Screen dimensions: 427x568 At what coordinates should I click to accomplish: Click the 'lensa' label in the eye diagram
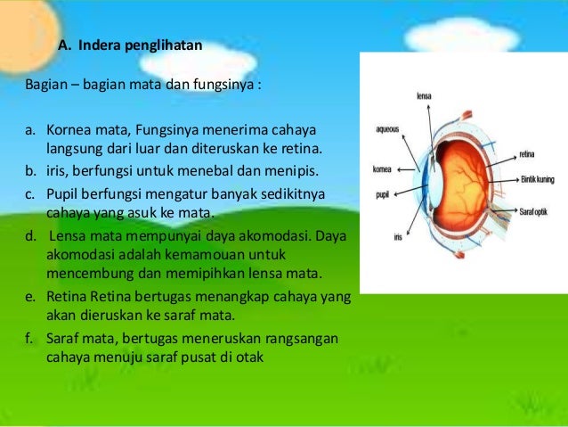click(x=425, y=95)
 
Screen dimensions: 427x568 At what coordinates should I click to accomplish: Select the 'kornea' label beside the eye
click(x=383, y=167)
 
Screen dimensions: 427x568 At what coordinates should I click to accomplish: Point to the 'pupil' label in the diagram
click(x=383, y=193)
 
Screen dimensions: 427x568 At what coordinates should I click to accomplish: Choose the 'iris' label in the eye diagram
click(x=397, y=237)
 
